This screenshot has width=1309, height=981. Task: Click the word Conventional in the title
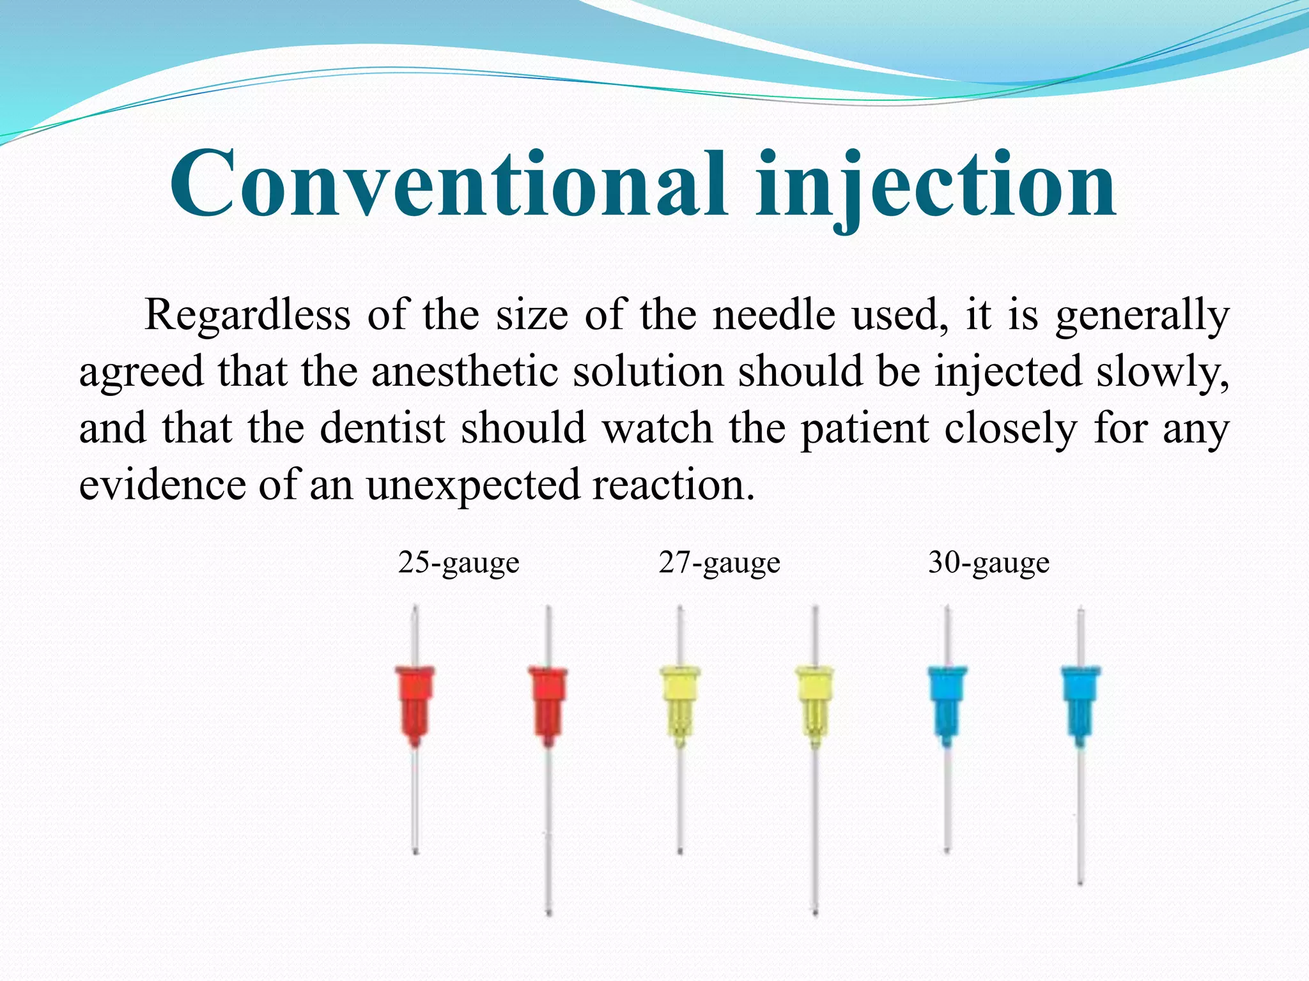[x=447, y=185]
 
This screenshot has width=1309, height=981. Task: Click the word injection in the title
[x=936, y=185]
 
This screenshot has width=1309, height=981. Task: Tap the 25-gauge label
[x=458, y=563]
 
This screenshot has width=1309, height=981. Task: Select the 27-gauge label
[x=719, y=563]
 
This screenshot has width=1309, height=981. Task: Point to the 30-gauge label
[x=988, y=563]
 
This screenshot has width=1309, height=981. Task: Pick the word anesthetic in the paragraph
[x=465, y=372]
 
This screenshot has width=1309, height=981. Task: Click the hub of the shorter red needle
[x=415, y=703]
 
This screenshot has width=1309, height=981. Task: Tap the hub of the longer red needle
[x=548, y=703]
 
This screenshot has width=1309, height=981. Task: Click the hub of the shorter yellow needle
[x=679, y=703]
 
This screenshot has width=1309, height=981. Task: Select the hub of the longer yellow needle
[x=814, y=703]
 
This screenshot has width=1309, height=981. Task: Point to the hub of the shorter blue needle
[x=947, y=703]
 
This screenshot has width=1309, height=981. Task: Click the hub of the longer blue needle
[x=1081, y=703]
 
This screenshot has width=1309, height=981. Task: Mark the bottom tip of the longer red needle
[x=548, y=911]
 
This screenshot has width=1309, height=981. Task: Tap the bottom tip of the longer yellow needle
[x=815, y=911]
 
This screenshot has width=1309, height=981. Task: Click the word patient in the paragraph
[x=865, y=429]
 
